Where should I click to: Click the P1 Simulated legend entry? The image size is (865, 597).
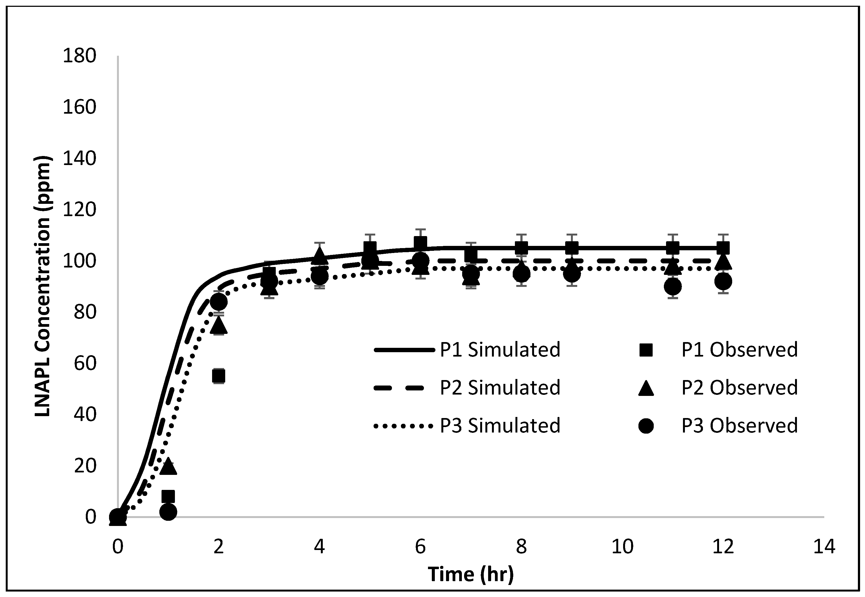click(x=500, y=350)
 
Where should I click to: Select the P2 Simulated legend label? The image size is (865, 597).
click(x=500, y=387)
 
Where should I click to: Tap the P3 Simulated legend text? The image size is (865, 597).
click(x=500, y=426)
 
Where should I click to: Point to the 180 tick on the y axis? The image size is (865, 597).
click(x=79, y=56)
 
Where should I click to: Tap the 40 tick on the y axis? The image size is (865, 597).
click(x=85, y=414)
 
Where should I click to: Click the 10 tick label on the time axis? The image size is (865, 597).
click(x=622, y=547)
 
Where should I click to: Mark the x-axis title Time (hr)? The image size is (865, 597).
click(x=471, y=574)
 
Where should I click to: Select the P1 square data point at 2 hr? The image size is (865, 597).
click(x=218, y=376)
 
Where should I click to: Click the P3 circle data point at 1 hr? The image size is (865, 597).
click(x=168, y=512)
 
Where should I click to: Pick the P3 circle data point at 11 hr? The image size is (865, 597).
click(x=673, y=287)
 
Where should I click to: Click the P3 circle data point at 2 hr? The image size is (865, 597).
click(x=218, y=301)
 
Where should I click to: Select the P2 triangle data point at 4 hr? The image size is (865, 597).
click(x=319, y=254)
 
